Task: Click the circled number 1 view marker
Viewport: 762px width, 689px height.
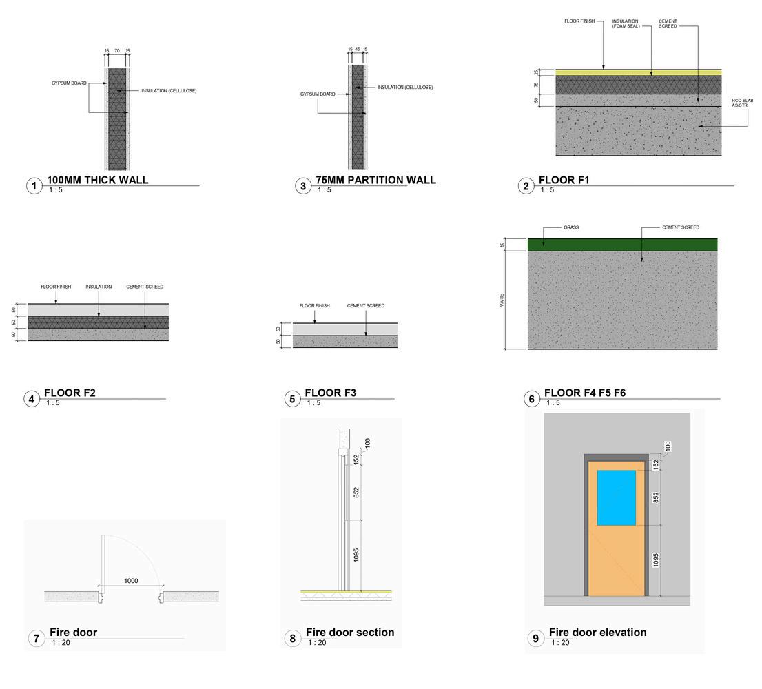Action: tap(34, 186)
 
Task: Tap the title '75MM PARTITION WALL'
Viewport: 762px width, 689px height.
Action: tap(375, 180)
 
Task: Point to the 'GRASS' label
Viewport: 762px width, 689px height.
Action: tap(570, 227)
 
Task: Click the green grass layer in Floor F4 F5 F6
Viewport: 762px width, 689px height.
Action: tap(622, 245)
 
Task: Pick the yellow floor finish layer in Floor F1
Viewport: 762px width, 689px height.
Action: tap(638, 72)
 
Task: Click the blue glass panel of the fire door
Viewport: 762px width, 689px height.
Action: tap(616, 497)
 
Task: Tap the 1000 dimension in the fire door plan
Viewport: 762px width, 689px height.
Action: tap(131, 581)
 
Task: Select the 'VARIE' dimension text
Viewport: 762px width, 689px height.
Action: tap(502, 300)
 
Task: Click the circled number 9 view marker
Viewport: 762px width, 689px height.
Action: tap(536, 639)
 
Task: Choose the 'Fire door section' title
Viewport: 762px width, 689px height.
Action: tap(350, 632)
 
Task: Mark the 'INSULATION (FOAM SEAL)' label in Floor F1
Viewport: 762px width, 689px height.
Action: tap(626, 23)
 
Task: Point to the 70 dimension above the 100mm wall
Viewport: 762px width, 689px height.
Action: tap(117, 51)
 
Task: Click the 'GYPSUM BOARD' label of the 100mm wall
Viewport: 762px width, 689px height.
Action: tap(69, 83)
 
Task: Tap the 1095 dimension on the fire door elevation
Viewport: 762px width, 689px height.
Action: tap(655, 560)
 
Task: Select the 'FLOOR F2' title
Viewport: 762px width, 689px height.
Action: tap(70, 393)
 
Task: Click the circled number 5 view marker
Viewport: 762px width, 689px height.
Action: tap(292, 399)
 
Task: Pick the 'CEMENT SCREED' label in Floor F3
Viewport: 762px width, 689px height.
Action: tap(365, 305)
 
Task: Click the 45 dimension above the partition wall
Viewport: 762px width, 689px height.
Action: tap(358, 49)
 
